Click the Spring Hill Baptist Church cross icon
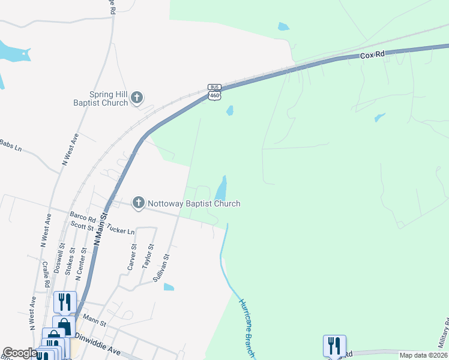[x=137, y=97]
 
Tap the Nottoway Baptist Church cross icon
[x=139, y=203]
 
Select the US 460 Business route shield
[x=215, y=92]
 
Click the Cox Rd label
[x=372, y=55]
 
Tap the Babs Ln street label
[x=10, y=145]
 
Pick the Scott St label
[x=82, y=226]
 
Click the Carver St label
[x=133, y=256]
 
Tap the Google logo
[x=20, y=353]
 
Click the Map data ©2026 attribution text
[x=423, y=355]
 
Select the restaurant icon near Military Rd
[x=335, y=346]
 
